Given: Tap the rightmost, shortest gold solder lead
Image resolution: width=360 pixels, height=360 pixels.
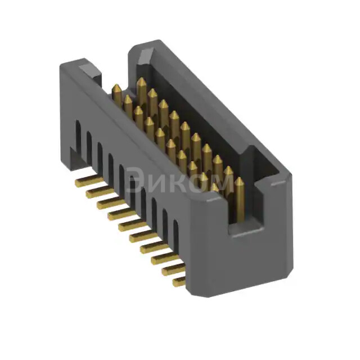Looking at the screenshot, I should (179, 280).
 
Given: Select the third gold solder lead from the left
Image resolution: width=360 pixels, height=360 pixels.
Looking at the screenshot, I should (106, 203).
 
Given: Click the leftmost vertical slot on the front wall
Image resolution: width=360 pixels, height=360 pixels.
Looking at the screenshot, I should (79, 135).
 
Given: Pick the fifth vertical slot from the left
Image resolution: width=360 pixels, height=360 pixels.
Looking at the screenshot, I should (121, 174).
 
